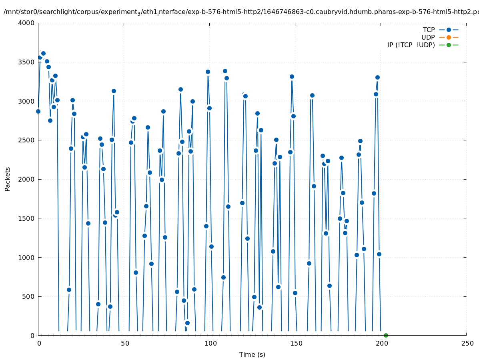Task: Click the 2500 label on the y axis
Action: pos(27,140)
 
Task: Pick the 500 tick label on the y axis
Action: pos(29,297)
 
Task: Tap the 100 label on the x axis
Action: pos(210,344)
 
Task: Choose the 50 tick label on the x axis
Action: pos(124,344)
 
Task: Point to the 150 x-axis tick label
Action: pos(296,344)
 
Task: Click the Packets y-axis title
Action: pos(8,179)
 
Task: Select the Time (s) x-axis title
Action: pos(252,355)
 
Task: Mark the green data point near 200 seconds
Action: pos(386,335)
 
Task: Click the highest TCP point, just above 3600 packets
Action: pos(43,53)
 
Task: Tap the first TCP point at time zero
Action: pos(38,111)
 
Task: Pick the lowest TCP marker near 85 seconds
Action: pos(187,323)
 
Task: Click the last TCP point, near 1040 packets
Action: pos(379,254)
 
